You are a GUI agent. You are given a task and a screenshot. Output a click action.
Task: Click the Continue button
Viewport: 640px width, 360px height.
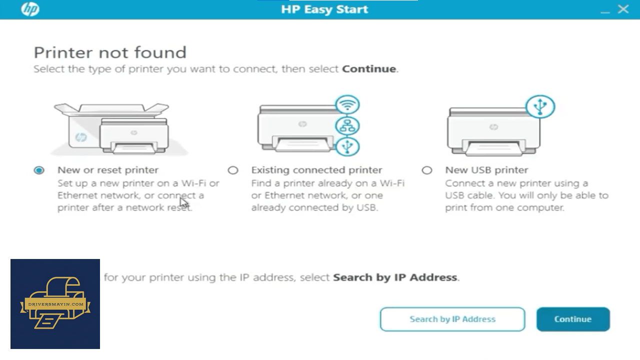(x=573, y=319)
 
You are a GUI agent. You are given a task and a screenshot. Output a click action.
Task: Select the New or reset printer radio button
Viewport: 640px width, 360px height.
(x=39, y=170)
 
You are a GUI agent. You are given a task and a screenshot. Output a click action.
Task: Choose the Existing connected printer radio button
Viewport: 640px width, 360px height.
(x=233, y=170)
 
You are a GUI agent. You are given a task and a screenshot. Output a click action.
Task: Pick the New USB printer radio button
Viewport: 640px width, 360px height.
(x=427, y=170)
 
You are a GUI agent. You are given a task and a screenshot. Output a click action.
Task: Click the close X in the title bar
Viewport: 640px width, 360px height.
(x=623, y=9)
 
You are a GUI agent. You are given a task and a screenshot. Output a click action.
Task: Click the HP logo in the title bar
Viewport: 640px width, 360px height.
(x=30, y=9)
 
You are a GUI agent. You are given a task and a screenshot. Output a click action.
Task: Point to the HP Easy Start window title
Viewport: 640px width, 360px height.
(x=324, y=9)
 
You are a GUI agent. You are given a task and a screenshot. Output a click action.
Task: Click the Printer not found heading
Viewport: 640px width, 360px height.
(x=110, y=52)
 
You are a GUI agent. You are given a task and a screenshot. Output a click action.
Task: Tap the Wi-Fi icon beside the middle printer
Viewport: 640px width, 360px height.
(x=347, y=105)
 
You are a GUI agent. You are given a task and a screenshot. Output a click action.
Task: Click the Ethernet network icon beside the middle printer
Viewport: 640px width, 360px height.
(x=347, y=126)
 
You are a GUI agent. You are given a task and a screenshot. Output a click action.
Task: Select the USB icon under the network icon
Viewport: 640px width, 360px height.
(x=347, y=147)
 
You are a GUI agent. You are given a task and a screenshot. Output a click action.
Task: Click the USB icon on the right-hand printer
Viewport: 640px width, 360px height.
(x=540, y=106)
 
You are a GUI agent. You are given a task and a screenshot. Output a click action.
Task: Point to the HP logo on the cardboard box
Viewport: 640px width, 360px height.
(x=81, y=137)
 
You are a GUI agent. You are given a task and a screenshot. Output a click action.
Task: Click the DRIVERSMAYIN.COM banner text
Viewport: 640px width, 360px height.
(x=56, y=304)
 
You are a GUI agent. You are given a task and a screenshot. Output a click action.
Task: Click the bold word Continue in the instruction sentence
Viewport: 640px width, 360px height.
(x=369, y=69)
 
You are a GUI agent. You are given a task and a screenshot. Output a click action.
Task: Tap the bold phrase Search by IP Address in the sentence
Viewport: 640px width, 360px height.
(x=395, y=277)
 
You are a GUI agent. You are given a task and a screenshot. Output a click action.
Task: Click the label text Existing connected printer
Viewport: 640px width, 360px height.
(x=316, y=170)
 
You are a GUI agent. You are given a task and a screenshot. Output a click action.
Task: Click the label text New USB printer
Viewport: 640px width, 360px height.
(x=486, y=170)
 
